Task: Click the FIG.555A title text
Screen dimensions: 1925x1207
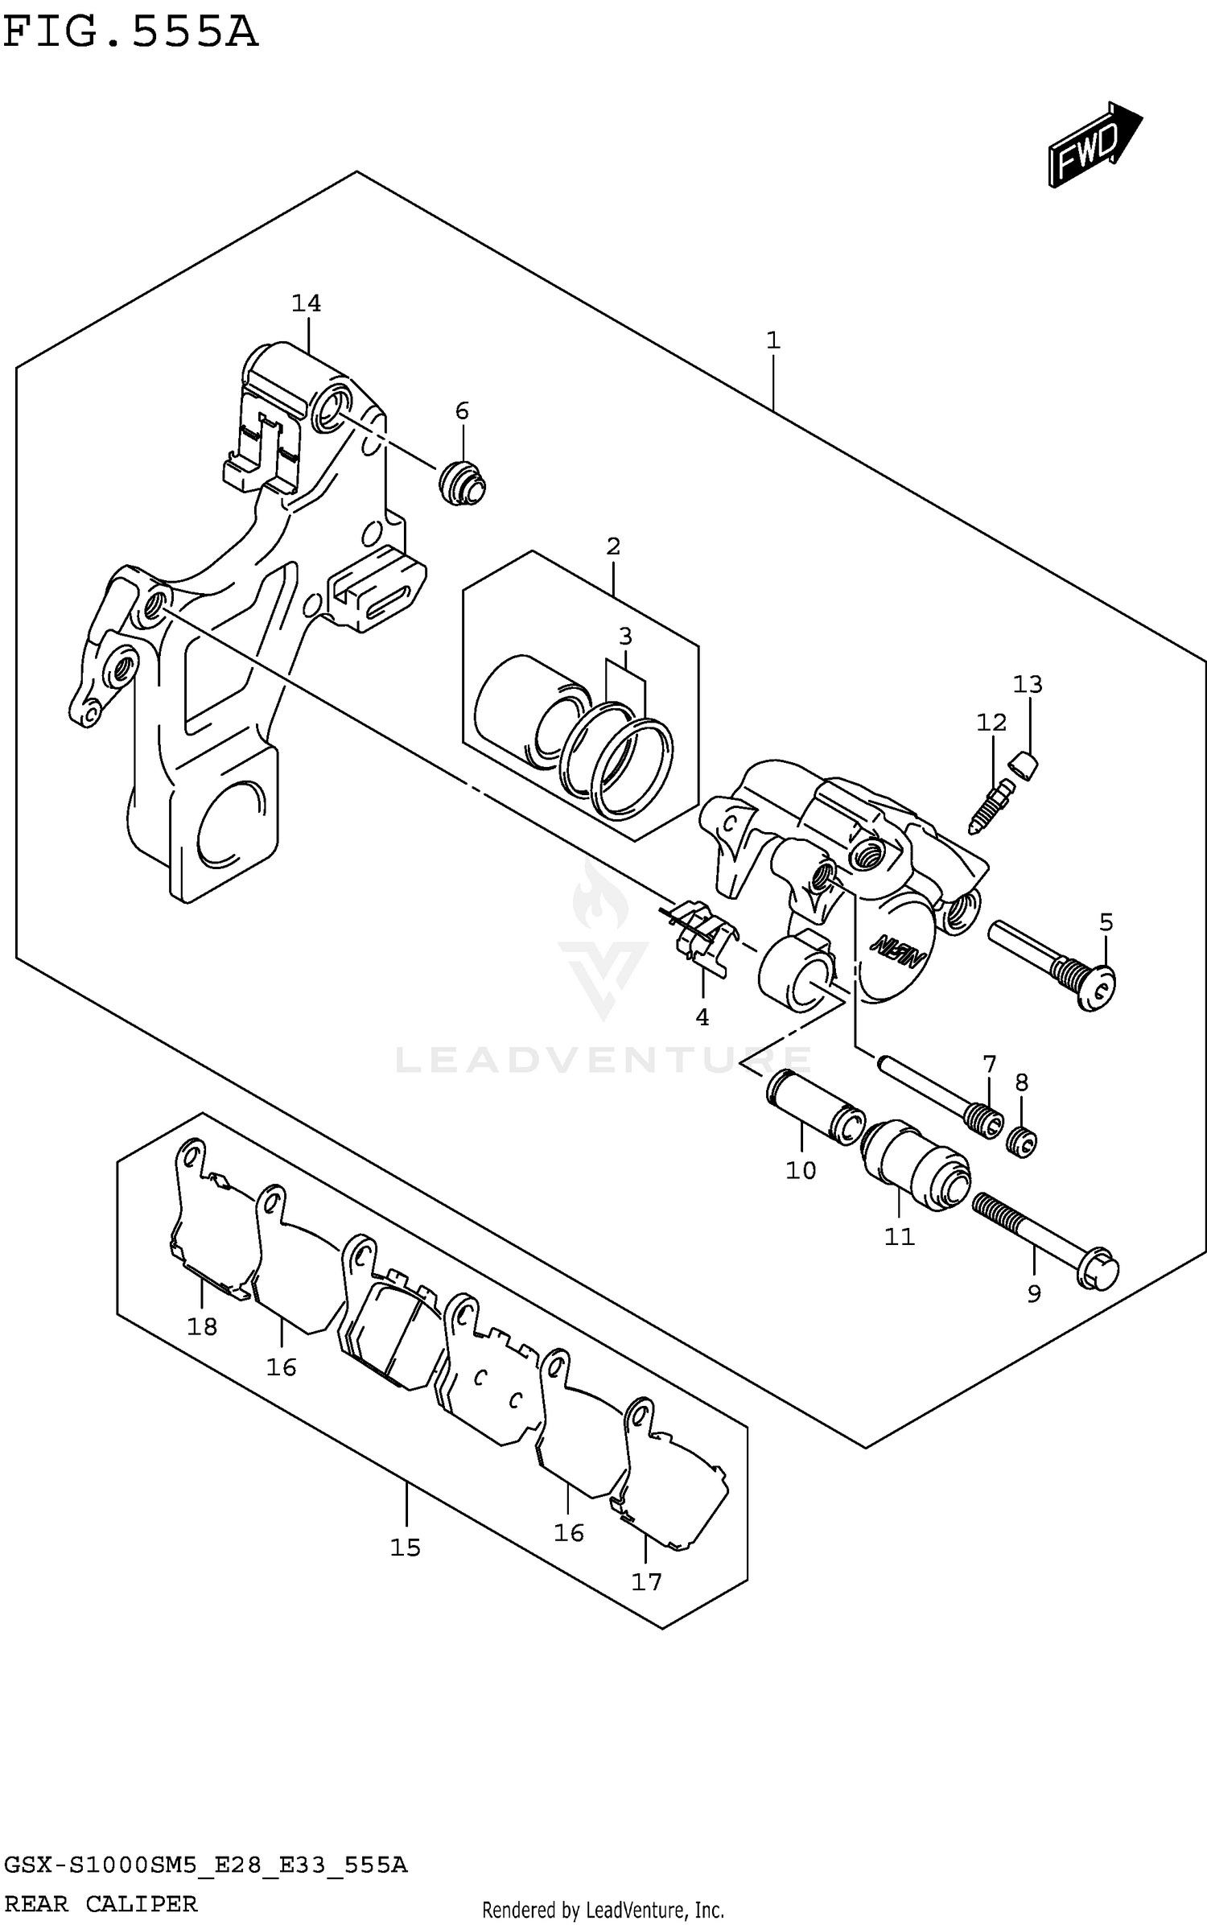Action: (x=130, y=34)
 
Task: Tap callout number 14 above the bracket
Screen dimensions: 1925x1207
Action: (x=306, y=303)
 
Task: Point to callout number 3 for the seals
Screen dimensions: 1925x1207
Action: (x=625, y=637)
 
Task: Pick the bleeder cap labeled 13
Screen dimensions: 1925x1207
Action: (x=1024, y=765)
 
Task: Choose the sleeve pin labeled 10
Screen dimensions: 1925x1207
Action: (x=813, y=1104)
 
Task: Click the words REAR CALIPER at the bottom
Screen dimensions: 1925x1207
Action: (x=101, y=1903)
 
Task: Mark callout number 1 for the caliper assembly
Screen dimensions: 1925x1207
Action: (x=772, y=340)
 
